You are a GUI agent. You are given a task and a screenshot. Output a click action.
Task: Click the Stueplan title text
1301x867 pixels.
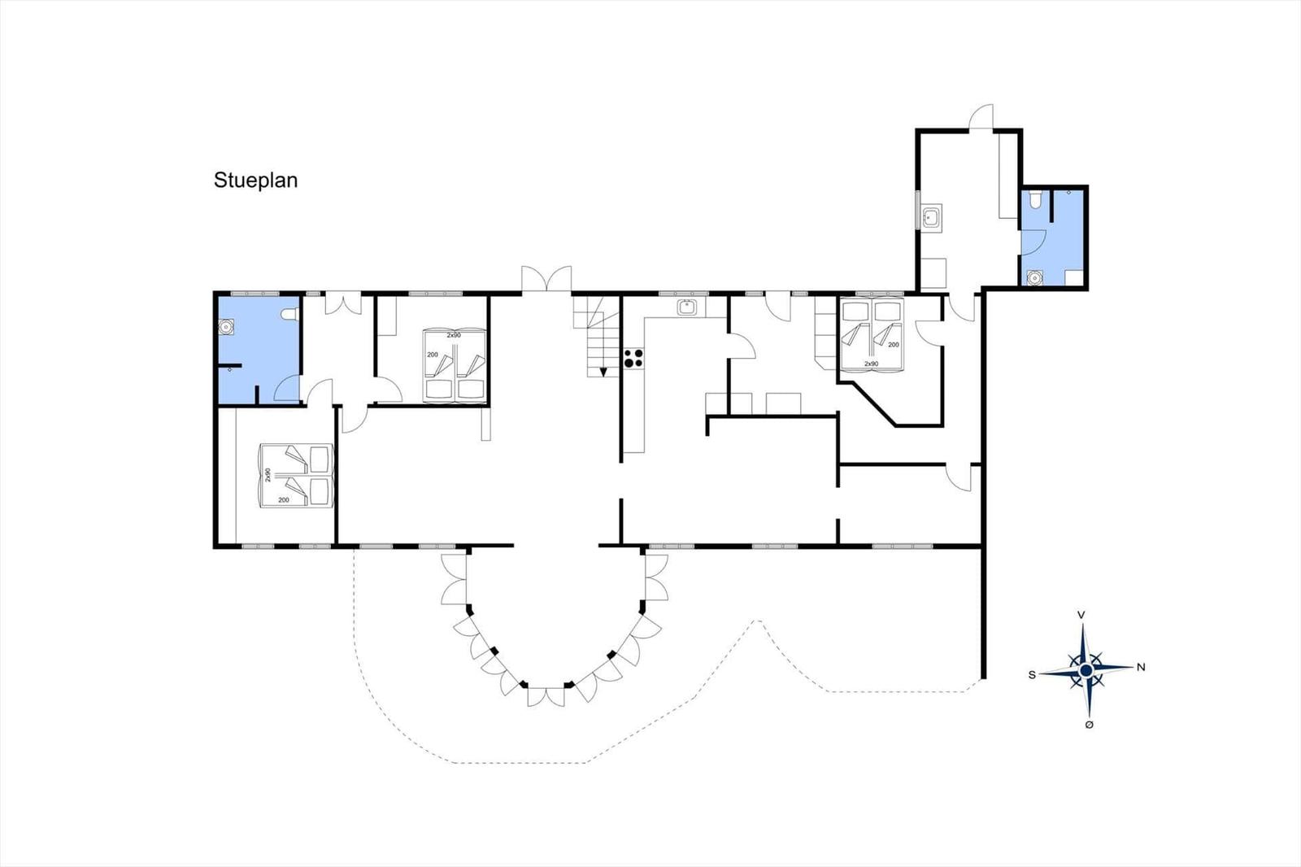coord(255,180)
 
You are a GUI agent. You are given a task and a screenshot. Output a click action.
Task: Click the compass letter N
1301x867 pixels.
coord(1141,667)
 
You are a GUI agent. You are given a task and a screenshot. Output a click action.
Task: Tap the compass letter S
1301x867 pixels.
coord(1032,675)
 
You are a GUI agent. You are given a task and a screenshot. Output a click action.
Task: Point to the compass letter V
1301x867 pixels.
coord(1081,615)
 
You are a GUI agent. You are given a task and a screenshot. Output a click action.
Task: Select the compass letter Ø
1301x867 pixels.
coord(1089,725)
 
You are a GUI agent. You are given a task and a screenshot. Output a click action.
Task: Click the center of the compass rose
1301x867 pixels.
coord(1086,671)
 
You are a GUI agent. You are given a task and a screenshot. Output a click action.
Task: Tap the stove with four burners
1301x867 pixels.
coord(633,358)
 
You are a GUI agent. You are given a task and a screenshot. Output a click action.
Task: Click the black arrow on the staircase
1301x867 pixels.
coord(603,372)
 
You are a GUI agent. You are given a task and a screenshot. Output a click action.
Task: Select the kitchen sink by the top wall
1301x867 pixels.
coord(687,307)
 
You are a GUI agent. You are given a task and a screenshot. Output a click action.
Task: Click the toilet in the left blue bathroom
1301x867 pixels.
coord(289,315)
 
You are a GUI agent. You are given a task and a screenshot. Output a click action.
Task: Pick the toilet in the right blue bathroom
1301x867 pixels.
coord(1034,200)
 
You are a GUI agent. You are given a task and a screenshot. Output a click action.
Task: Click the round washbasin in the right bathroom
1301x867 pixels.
coord(1033,278)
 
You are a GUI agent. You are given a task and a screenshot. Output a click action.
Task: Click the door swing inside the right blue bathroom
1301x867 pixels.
coord(1033,242)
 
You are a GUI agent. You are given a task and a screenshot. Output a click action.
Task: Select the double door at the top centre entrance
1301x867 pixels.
coord(546,279)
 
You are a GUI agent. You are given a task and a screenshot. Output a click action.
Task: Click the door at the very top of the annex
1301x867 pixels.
coord(981,117)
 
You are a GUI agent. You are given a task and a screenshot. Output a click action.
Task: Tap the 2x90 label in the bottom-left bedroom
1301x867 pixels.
coord(268,475)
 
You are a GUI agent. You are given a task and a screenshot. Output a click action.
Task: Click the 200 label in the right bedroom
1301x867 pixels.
coord(894,345)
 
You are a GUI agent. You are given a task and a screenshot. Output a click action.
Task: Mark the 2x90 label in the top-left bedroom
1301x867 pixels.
coord(454,335)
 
